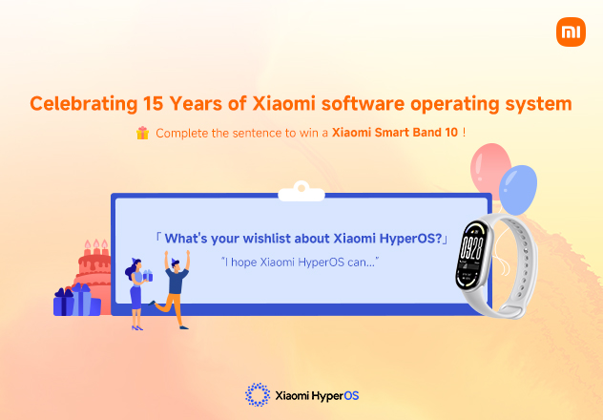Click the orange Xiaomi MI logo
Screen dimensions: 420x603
571,31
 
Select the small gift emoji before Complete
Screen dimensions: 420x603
142,133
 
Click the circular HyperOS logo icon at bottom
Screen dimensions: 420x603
258,393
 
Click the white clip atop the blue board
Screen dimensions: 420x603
301,192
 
